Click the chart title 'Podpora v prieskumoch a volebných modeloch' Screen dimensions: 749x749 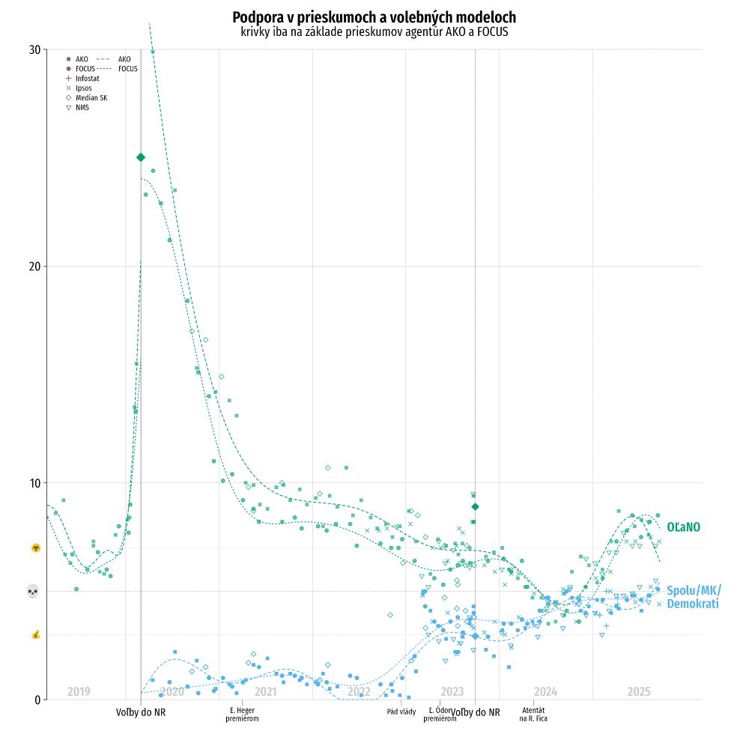(374, 17)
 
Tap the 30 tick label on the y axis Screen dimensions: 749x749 (34, 50)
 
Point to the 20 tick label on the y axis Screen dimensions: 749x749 (34, 267)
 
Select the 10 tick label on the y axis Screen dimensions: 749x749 (34, 483)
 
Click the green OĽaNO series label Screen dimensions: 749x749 (683, 527)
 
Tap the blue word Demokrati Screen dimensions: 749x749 (692, 604)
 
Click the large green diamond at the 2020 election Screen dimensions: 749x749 (141, 157)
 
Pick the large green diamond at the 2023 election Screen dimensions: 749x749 (475, 507)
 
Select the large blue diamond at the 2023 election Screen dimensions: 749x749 (475, 636)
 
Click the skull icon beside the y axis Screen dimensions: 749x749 (33, 592)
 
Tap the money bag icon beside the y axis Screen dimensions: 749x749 (35, 635)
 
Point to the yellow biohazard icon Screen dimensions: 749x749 (35, 548)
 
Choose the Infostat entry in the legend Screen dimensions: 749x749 (87, 79)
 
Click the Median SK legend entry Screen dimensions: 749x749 (91, 98)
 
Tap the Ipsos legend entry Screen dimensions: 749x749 (83, 88)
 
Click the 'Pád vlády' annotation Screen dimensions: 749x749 (401, 712)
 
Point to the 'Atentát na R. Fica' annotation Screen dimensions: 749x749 (533, 715)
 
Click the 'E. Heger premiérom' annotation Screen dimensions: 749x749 (242, 715)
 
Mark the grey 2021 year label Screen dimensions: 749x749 (265, 691)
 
